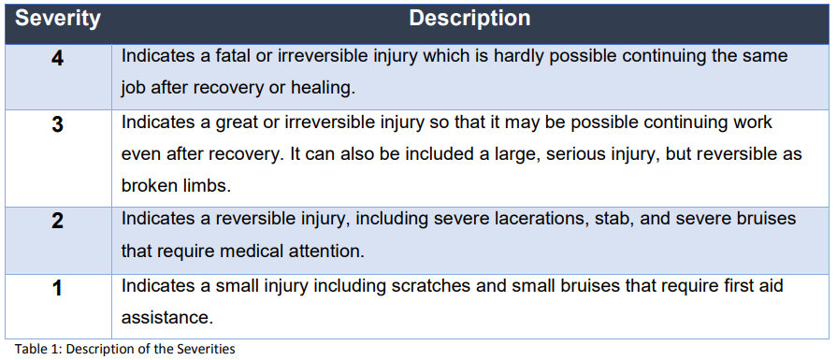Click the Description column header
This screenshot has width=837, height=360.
470,18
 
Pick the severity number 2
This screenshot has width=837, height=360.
57,221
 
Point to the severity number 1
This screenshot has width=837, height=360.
57,288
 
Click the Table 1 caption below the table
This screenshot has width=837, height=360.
124,350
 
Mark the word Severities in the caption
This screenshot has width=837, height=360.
205,350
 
